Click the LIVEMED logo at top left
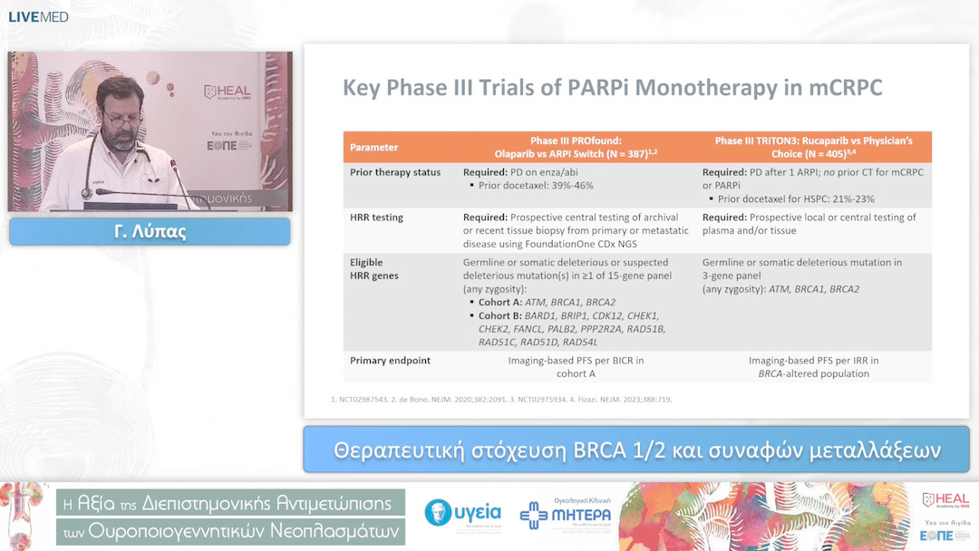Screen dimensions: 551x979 [x=38, y=16]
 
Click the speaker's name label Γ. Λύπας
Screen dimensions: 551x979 [x=150, y=232]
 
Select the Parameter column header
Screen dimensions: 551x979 [x=373, y=147]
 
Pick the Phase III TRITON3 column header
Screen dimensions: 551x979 [x=813, y=147]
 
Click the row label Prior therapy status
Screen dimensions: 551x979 [x=395, y=172]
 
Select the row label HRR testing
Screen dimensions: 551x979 [x=376, y=217]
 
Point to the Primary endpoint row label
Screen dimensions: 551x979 [x=390, y=361]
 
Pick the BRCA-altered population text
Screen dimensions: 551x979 [x=813, y=373]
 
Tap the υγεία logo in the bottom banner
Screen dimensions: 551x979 [x=463, y=514]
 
